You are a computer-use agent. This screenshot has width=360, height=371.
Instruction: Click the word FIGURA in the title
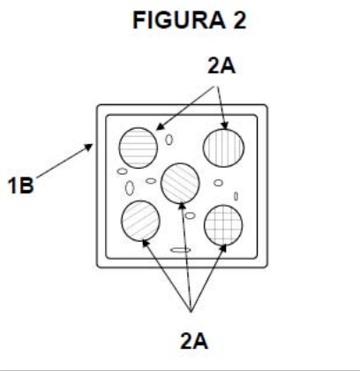[x=179, y=20]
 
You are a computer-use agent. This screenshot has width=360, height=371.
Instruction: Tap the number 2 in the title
[x=240, y=20]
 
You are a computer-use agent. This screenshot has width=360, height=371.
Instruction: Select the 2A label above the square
[x=221, y=65]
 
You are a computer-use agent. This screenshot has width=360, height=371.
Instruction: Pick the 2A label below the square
[x=194, y=341]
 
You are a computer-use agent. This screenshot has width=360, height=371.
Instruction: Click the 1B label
[x=20, y=185]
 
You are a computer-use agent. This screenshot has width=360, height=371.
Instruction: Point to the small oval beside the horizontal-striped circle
[x=169, y=140]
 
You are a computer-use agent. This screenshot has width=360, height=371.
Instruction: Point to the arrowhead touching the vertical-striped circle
[x=225, y=125]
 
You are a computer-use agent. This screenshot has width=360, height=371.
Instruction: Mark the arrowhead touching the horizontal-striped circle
[x=160, y=126]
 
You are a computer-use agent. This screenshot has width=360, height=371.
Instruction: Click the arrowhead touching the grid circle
[x=223, y=248]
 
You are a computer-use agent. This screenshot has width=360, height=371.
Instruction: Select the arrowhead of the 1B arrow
[x=88, y=147]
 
